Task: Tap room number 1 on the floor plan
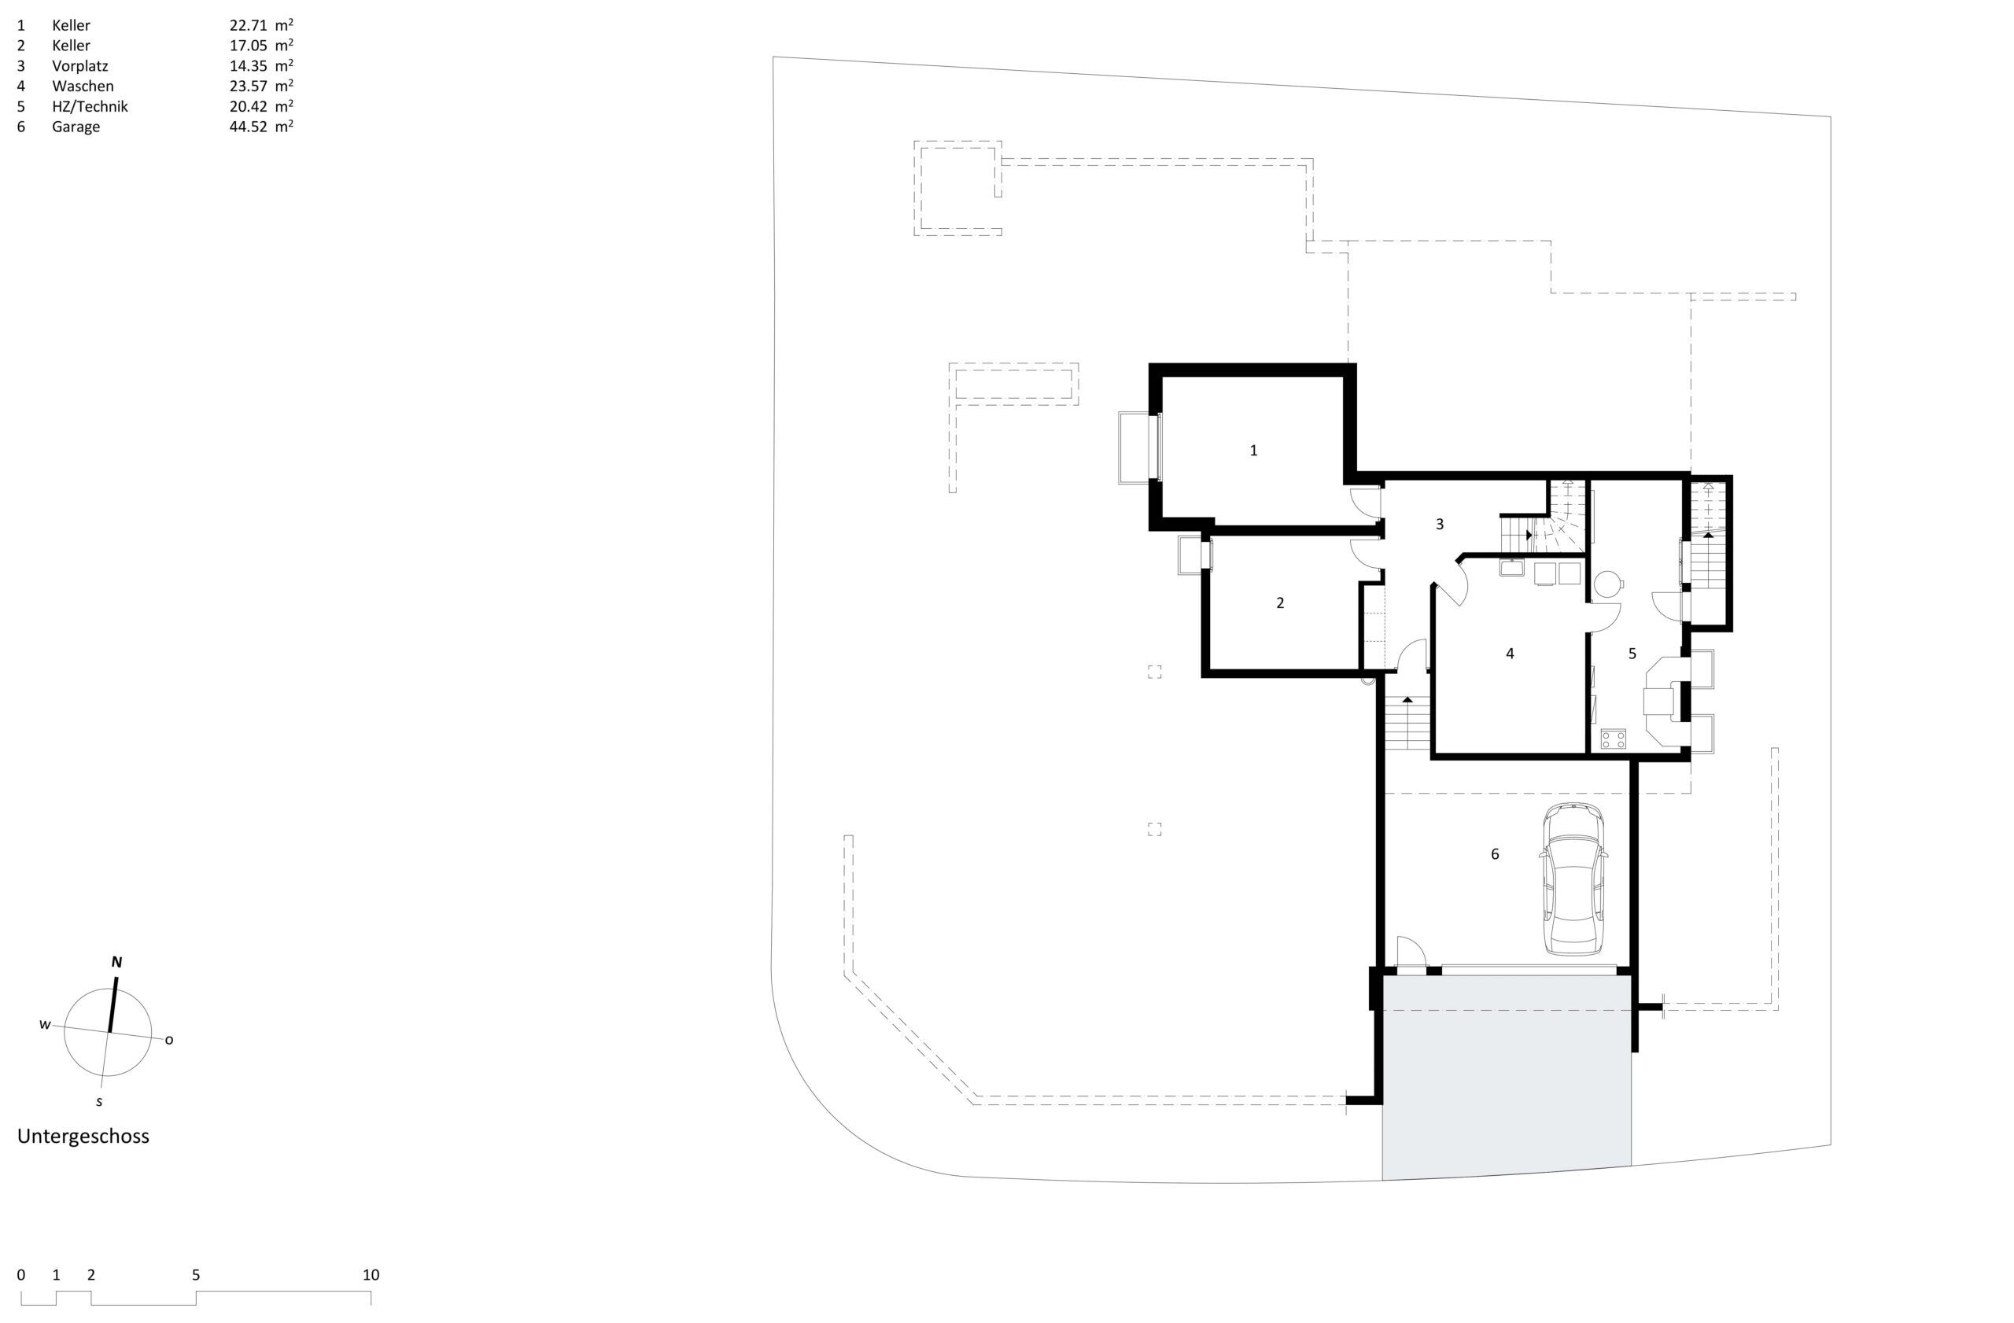[1253, 451]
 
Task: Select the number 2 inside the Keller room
[1279, 603]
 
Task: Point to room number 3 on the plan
[1440, 525]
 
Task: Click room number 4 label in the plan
[1510, 654]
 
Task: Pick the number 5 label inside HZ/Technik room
[1632, 654]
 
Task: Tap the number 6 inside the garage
[1495, 854]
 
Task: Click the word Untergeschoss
[83, 1137]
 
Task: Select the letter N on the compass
[116, 962]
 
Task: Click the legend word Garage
[76, 127]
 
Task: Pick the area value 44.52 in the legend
[248, 127]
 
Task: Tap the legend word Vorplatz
[80, 66]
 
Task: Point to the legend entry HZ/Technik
[90, 107]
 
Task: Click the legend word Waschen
[83, 87]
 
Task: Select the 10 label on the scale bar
[371, 1275]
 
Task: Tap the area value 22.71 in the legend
[248, 25]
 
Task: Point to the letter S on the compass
[100, 1102]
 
